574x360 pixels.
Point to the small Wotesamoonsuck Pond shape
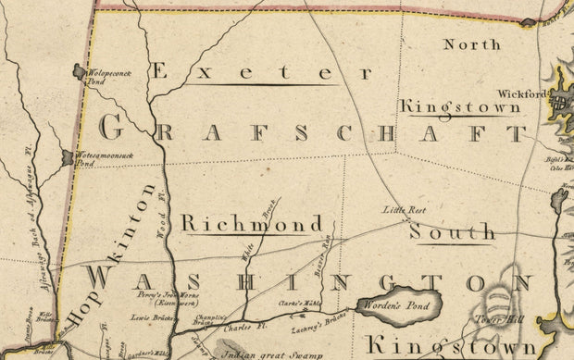[67, 158]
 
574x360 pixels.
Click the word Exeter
[246, 71]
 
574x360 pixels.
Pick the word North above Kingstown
[471, 43]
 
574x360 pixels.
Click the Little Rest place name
[402, 211]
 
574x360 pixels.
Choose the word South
[453, 231]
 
